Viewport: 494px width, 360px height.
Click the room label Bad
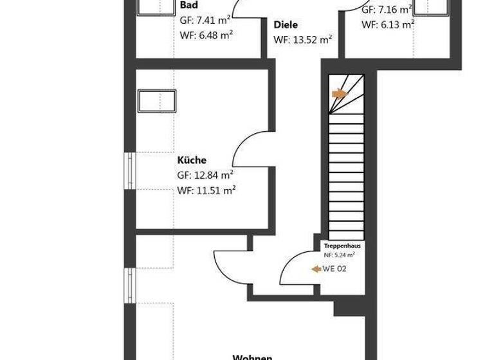(x=188, y=5)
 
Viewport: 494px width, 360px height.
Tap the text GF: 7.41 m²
(x=206, y=20)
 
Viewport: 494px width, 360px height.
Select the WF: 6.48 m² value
(x=206, y=35)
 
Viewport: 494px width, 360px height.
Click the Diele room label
(x=286, y=25)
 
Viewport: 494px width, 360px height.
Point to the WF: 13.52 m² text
(x=303, y=40)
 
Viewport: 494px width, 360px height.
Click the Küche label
(x=192, y=160)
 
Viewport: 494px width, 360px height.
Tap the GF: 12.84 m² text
(x=206, y=175)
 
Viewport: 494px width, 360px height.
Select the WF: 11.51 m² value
(x=206, y=190)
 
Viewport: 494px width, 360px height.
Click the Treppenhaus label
(x=342, y=246)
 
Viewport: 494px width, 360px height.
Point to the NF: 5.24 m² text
(x=339, y=255)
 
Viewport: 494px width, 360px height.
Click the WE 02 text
(x=334, y=269)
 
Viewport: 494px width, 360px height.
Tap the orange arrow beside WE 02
(x=316, y=269)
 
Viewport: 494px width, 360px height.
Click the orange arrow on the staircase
(x=339, y=94)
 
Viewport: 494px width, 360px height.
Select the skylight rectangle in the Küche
(x=157, y=101)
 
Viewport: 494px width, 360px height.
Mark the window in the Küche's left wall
(x=131, y=171)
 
